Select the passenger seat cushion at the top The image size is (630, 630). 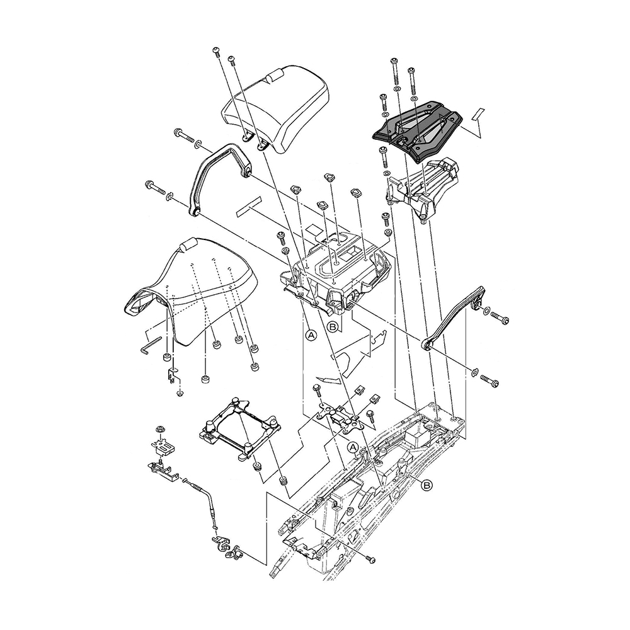coord(276,108)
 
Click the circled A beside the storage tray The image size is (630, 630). coord(311,335)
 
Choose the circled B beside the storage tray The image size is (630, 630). coord(333,326)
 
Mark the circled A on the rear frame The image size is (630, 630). coord(352,447)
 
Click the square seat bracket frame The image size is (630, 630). coord(239,430)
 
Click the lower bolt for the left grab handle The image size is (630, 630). coord(155,187)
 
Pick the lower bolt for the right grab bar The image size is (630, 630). coord(490,381)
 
